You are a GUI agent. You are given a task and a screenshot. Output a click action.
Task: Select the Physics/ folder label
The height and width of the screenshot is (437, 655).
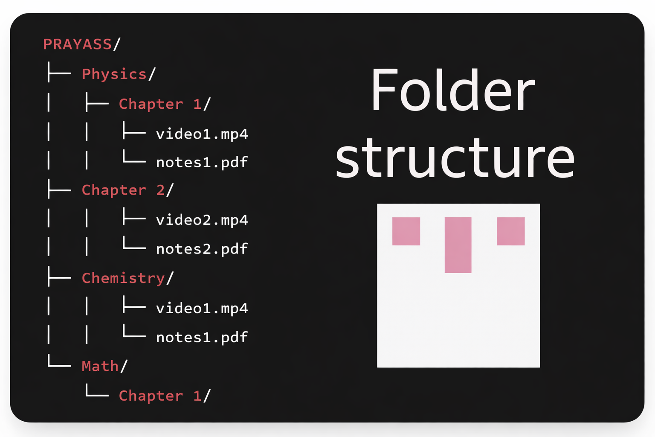coord(119,74)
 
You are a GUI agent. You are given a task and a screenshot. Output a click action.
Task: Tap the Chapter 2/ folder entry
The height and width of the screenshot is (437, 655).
coord(128,190)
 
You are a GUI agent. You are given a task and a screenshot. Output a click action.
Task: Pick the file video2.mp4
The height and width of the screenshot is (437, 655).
coord(202,220)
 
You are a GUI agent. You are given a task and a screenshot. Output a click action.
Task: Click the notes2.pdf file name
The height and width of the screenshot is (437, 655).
coord(202,249)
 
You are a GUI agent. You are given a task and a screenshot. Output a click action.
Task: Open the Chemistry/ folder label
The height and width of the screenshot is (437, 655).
coord(128,278)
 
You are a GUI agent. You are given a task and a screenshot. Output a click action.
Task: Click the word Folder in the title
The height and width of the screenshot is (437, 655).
coord(453,90)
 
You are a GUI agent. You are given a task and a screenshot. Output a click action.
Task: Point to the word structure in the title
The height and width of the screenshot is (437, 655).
coord(455,158)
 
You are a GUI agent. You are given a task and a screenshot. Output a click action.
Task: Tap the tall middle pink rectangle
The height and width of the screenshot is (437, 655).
coord(458,245)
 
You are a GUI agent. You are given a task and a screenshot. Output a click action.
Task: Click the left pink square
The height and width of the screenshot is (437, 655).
coord(406,231)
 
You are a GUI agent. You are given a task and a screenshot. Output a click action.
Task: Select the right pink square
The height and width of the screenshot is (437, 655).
coord(510,231)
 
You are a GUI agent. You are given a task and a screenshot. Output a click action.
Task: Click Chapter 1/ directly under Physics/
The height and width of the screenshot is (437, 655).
coord(165,104)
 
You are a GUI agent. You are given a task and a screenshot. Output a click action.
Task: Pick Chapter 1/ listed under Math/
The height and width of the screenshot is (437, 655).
coord(165,396)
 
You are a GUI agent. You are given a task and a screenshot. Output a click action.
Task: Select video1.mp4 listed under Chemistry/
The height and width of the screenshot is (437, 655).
coord(202,308)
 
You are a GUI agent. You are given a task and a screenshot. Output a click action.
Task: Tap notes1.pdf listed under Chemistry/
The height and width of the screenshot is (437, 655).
coord(202,338)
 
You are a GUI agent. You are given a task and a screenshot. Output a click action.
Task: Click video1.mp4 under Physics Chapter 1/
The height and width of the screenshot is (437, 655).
coord(202,134)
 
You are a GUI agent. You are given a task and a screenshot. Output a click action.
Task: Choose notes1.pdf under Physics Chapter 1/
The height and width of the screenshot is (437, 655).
coord(202,163)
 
